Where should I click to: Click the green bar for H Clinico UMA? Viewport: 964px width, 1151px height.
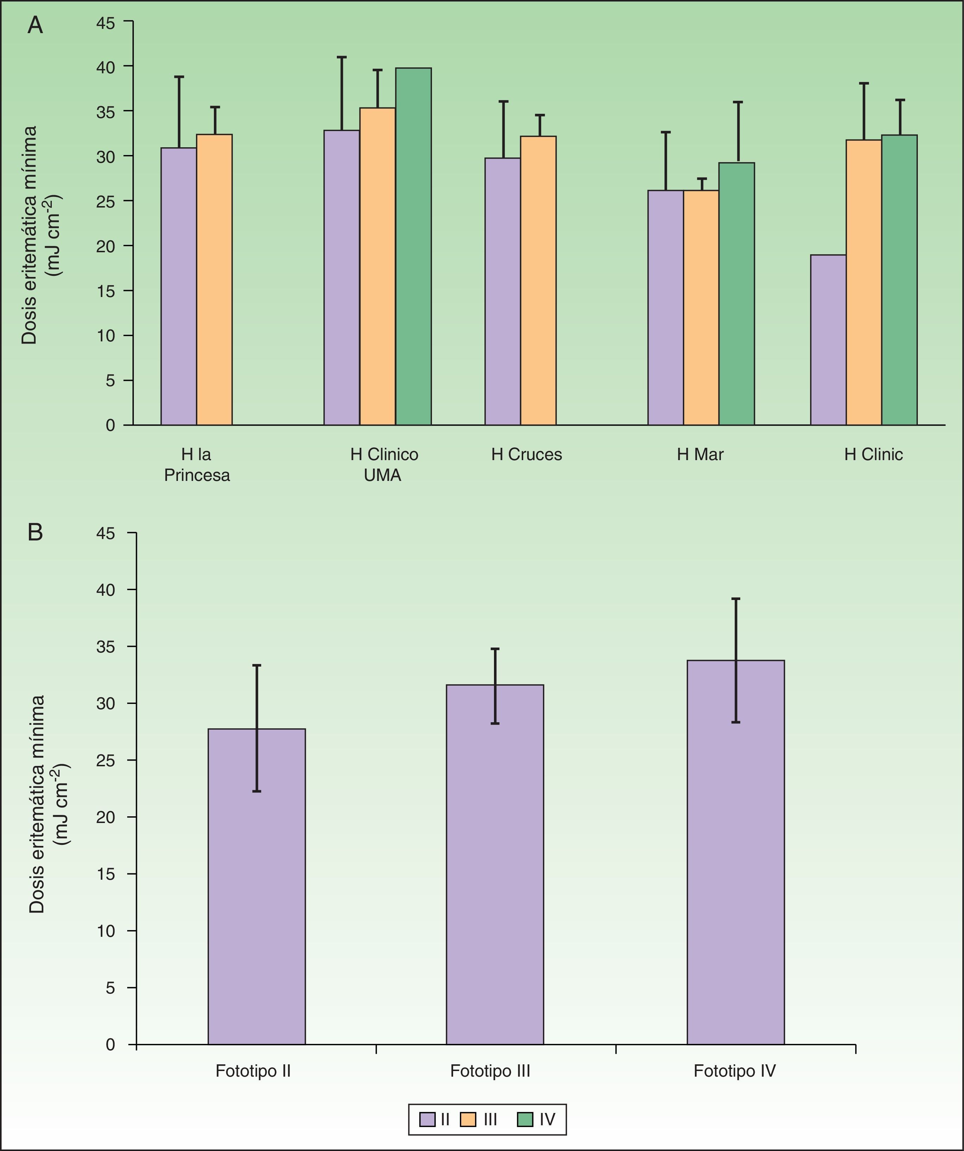(413, 247)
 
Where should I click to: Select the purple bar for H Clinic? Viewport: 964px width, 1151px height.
(828, 340)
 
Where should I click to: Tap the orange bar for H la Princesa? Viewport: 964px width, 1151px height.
(214, 279)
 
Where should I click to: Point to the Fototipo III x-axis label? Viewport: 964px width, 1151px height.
(490, 1071)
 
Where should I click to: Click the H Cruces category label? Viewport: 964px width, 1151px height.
(526, 454)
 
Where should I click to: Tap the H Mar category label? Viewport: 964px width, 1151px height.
(700, 454)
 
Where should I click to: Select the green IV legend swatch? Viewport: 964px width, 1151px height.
(525, 1120)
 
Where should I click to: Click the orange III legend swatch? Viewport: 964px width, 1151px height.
(468, 1120)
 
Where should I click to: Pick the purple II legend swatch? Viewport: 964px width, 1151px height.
(427, 1120)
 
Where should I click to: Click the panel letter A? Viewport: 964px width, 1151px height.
(35, 25)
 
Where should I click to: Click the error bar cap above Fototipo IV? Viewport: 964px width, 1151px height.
(735, 599)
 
